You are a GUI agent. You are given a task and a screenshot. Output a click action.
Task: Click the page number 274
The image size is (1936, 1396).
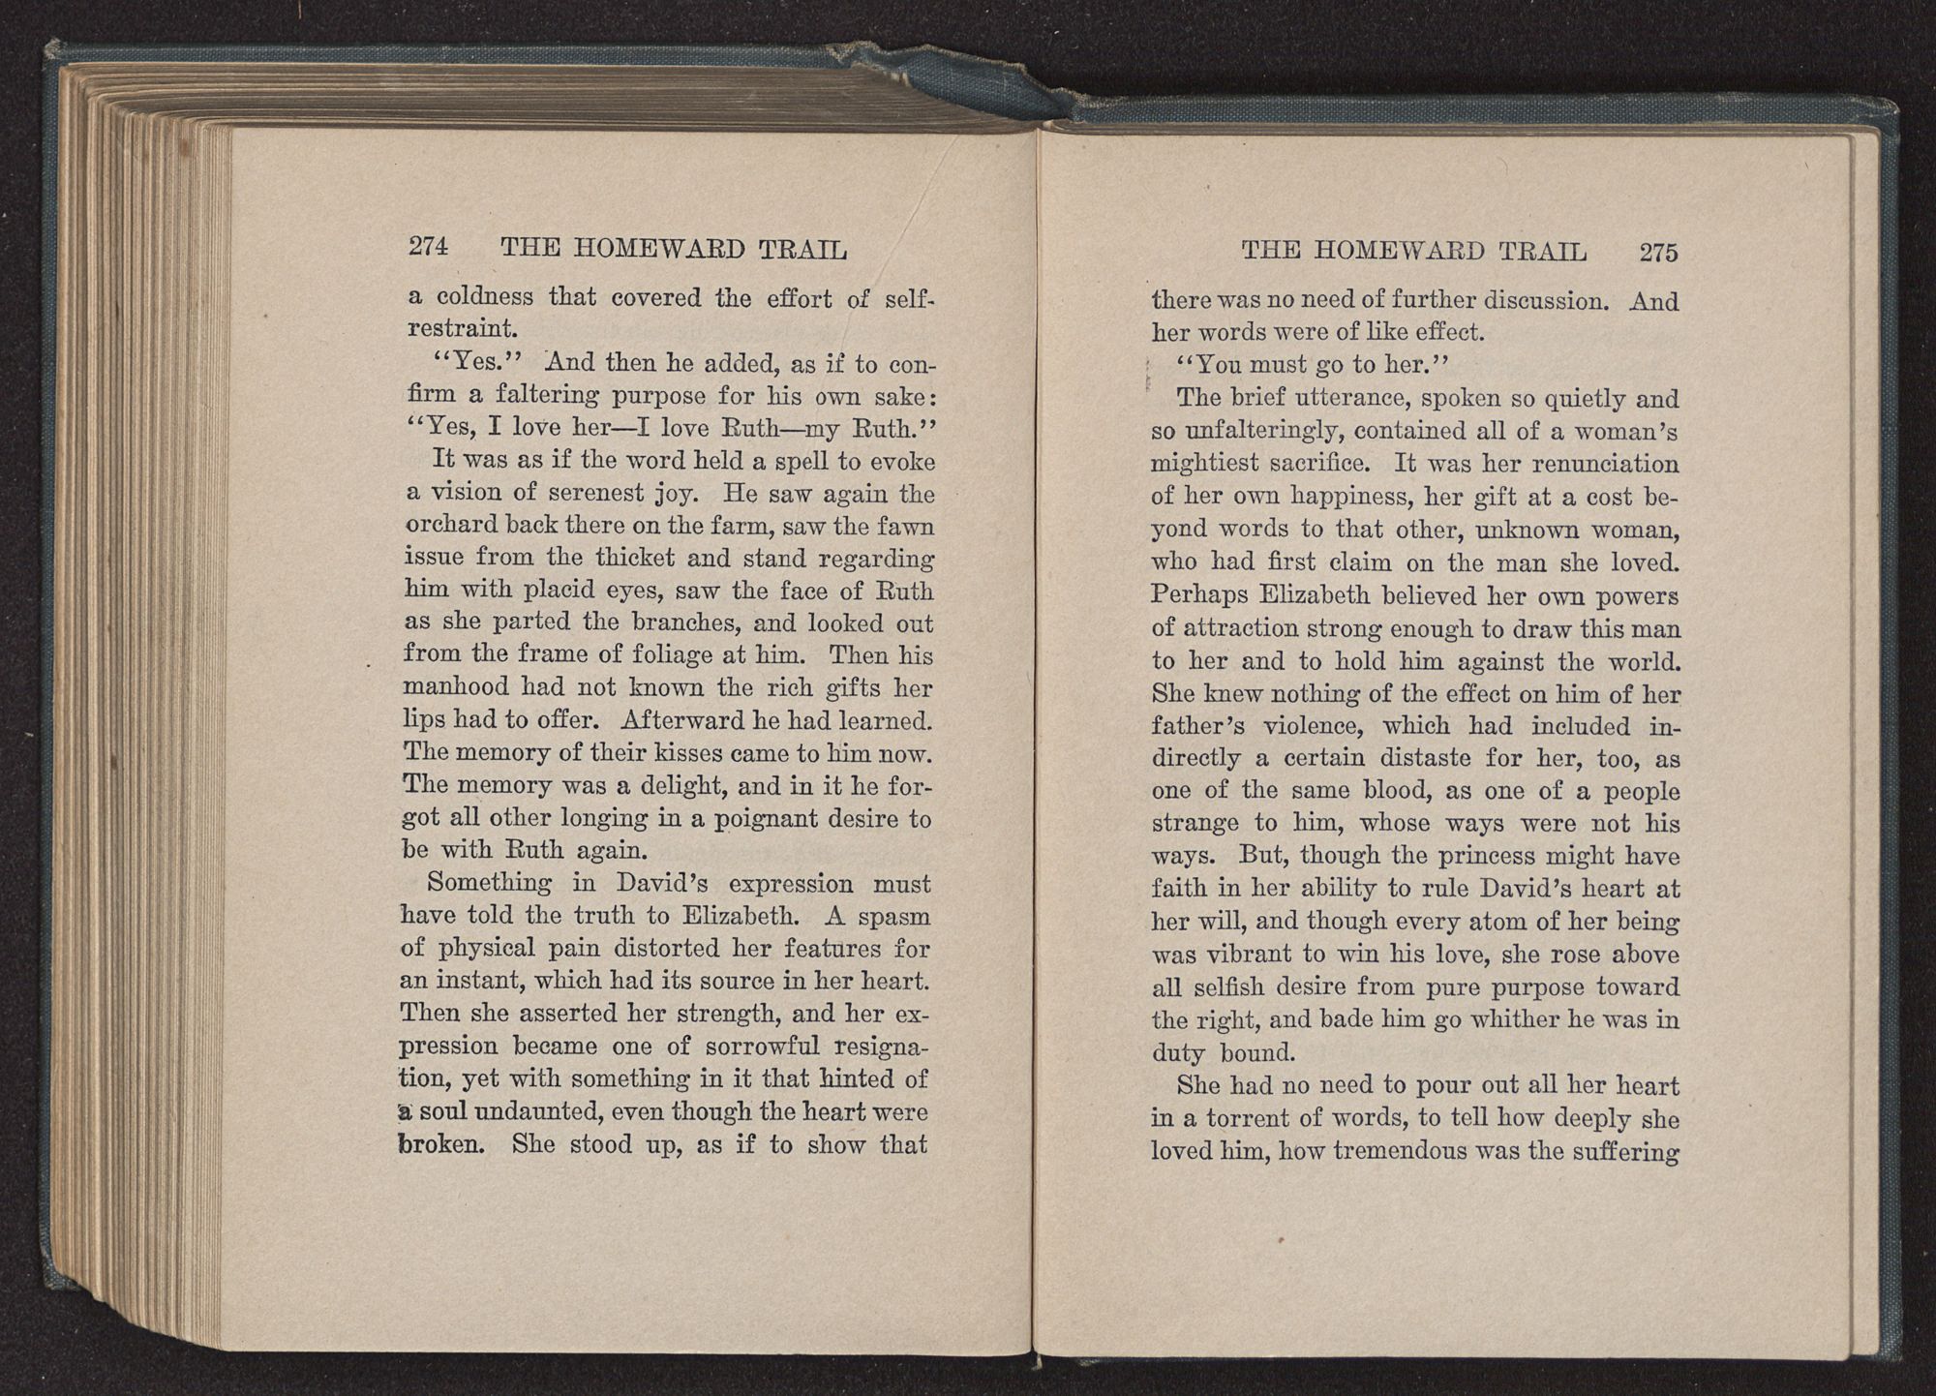click(x=428, y=248)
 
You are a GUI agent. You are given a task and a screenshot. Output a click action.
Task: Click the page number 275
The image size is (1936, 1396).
click(x=1658, y=253)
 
